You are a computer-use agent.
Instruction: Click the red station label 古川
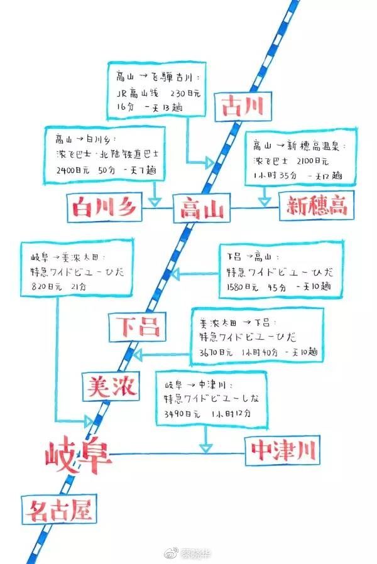242,106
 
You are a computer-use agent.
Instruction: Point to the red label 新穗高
317,205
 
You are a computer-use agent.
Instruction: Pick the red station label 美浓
111,385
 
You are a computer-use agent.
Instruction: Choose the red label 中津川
283,450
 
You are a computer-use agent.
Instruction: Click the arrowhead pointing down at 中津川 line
205,448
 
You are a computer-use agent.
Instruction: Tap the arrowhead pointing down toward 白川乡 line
155,202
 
